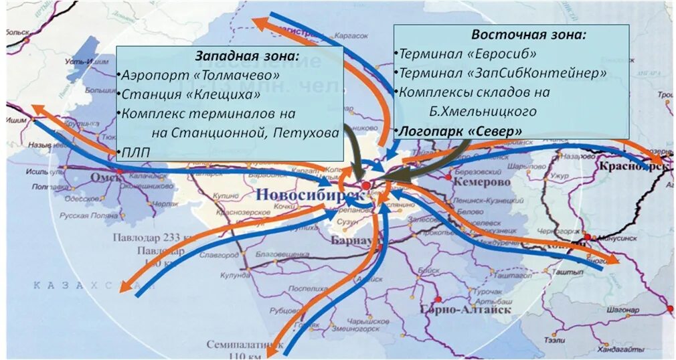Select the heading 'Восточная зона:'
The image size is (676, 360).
[x=529, y=34]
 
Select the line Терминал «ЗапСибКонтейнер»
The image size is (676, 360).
[x=503, y=72]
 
